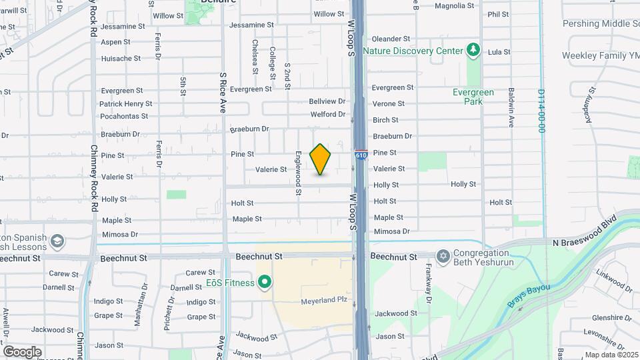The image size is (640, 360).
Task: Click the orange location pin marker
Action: click(x=320, y=159)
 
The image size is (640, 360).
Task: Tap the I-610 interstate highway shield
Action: click(x=361, y=155)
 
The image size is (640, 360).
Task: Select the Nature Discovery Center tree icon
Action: click(x=473, y=50)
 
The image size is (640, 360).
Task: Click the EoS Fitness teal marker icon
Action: click(x=265, y=283)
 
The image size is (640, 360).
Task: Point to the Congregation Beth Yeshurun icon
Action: click(x=443, y=256)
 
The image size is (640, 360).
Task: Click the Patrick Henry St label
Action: click(x=126, y=104)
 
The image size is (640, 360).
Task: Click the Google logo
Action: click(x=22, y=351)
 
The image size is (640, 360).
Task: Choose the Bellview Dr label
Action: click(x=327, y=101)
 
